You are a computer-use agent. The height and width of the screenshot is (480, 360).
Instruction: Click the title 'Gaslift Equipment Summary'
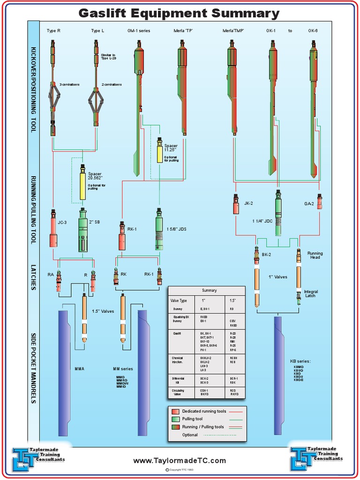(x=179, y=13)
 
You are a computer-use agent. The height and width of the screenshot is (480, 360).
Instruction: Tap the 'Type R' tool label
(x=53, y=31)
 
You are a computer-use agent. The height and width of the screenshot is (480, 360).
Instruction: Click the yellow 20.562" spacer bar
(x=82, y=185)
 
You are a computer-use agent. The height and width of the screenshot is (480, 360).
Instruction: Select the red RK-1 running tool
(x=122, y=237)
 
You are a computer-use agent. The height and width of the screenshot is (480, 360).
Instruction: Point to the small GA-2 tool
(x=320, y=202)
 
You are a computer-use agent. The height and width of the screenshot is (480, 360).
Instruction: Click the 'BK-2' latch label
(x=266, y=255)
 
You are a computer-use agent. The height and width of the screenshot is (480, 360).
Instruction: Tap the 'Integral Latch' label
(x=310, y=293)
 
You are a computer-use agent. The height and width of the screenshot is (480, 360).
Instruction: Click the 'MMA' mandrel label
(x=80, y=369)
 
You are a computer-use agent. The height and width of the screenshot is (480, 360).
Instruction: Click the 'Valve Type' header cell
(x=179, y=300)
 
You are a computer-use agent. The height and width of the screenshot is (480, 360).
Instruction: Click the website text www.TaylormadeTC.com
(x=180, y=461)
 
